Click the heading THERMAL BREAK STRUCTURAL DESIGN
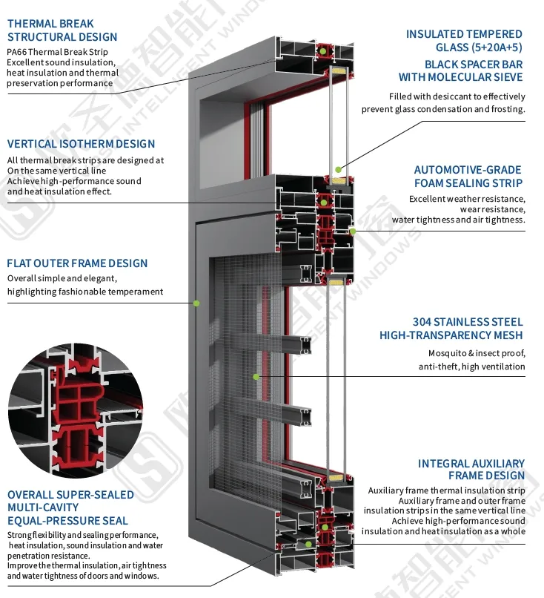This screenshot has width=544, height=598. (x=62, y=30)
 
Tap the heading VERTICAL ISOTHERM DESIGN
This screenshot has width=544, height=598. (x=81, y=144)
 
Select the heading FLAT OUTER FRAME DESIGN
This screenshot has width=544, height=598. (x=77, y=263)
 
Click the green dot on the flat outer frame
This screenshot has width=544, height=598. (x=196, y=303)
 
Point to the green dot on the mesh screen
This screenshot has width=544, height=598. (x=256, y=377)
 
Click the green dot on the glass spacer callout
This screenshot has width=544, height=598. (x=338, y=169)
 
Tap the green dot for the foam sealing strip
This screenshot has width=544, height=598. (x=353, y=231)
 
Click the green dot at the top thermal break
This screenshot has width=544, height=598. (x=323, y=51)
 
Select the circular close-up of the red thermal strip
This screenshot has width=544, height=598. (x=76, y=410)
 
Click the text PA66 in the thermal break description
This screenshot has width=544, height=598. (x=17, y=52)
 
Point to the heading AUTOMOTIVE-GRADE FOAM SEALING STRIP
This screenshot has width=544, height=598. (x=468, y=176)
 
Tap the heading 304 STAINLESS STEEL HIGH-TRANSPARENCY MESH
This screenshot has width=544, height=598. (x=451, y=329)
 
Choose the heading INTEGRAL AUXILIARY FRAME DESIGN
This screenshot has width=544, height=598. (x=471, y=470)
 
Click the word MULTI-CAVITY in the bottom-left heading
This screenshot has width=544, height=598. (x=43, y=507)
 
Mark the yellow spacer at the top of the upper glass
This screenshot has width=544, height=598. (x=337, y=70)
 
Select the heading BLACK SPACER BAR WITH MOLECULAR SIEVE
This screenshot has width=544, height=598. (x=460, y=70)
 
